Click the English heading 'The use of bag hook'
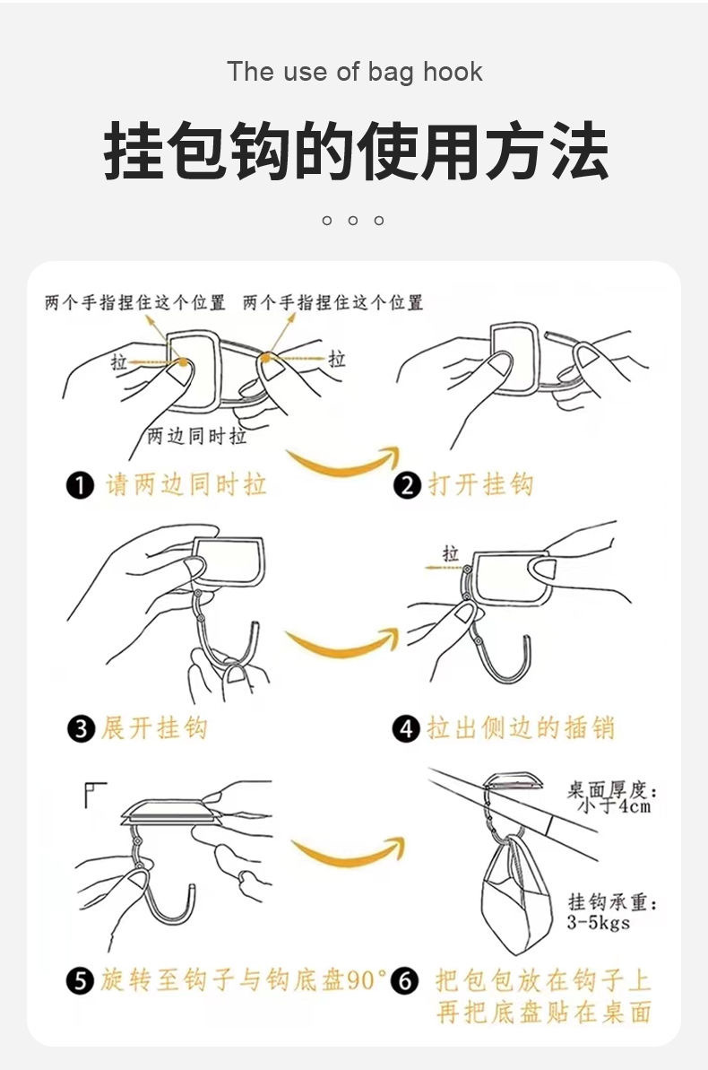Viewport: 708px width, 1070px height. point(355,72)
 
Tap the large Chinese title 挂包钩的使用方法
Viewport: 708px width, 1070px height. point(356,151)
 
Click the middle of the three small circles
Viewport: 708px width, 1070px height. point(352,221)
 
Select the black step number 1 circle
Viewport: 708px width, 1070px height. point(80,486)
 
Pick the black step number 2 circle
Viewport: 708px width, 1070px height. point(407,486)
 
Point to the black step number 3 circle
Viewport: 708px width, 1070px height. point(81,729)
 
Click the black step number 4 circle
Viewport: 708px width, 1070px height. point(406,729)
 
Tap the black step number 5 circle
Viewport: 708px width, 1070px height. point(80,981)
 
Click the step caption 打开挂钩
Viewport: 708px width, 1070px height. point(481,484)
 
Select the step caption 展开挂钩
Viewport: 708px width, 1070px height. point(154,727)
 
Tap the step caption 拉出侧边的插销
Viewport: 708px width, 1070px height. point(521,727)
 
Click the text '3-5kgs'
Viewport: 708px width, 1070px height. point(598,923)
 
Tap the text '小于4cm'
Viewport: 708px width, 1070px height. point(615,806)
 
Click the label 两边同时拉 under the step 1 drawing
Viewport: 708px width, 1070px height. point(197,435)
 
